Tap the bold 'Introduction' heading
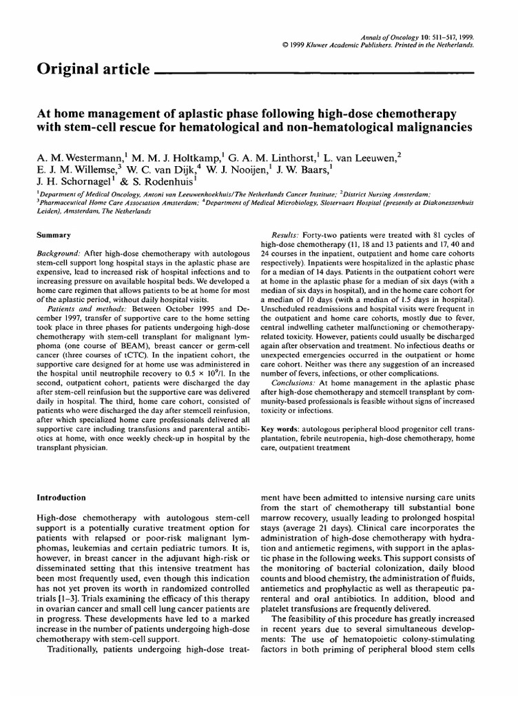point(61,497)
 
